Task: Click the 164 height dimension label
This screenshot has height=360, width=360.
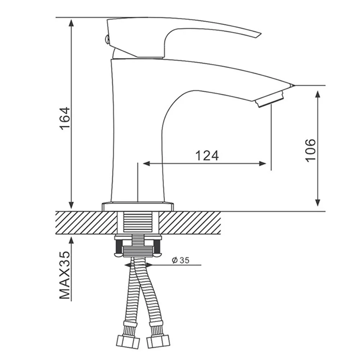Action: (x=65, y=118)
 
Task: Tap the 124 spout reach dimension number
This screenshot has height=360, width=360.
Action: (x=207, y=156)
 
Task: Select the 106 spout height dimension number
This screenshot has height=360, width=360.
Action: (x=310, y=150)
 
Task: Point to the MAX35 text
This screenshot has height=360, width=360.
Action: (x=64, y=275)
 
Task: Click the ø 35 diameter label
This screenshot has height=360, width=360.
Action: (x=181, y=260)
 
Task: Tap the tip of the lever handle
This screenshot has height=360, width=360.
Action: (x=261, y=34)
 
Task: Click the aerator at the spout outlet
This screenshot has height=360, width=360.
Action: (x=269, y=99)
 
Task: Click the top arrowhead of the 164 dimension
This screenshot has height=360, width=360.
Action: (x=71, y=23)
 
